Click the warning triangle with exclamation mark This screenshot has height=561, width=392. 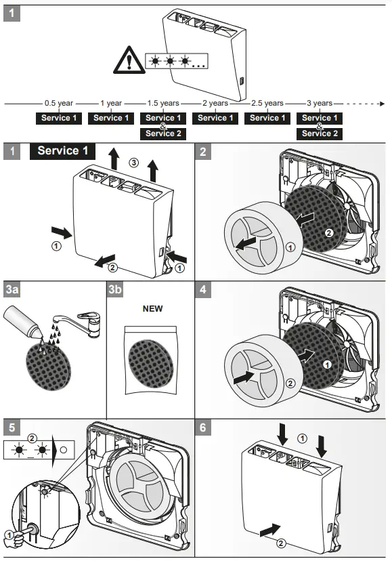pos(127,62)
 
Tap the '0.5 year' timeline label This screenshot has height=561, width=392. pos(59,104)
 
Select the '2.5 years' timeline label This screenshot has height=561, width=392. pos(267,104)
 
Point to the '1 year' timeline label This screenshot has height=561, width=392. pos(111,104)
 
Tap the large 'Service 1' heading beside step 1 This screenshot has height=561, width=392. pos(62,150)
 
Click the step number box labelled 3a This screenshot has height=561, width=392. pos(12,290)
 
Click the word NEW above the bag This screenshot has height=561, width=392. pos(152,308)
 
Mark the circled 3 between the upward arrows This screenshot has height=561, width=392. pos(134,163)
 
